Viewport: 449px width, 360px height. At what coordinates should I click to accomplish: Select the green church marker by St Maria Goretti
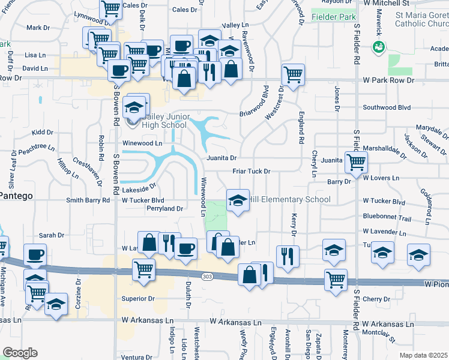click(x=379, y=47)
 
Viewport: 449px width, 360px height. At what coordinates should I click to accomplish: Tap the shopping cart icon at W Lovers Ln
click(x=357, y=161)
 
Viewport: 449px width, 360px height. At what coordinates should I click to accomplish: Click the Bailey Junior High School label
click(x=163, y=120)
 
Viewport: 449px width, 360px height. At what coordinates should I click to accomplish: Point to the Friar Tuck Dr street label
click(x=252, y=171)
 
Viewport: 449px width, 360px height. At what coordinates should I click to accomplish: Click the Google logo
click(x=20, y=353)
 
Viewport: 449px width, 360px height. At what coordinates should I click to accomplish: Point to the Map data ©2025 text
click(x=423, y=355)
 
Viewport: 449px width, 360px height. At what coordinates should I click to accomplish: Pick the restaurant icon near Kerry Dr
click(x=288, y=256)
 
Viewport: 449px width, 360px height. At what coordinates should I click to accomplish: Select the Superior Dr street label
click(x=139, y=298)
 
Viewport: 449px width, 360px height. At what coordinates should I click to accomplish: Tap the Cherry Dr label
click(x=376, y=299)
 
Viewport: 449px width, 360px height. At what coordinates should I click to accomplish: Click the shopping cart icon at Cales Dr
click(x=111, y=8)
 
